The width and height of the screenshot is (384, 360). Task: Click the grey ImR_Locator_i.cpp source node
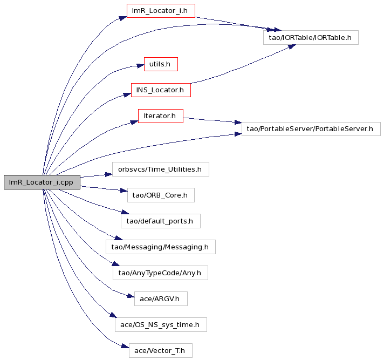(x=42, y=182)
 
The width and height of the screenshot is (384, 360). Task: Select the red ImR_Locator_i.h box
(x=161, y=11)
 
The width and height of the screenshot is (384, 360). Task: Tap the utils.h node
(x=161, y=64)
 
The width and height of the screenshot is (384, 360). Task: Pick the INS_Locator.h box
(x=161, y=90)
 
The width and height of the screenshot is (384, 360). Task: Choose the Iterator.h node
(x=161, y=116)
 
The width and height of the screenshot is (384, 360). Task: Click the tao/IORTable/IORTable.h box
(x=311, y=37)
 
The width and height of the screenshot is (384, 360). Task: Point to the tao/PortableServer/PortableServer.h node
(x=311, y=129)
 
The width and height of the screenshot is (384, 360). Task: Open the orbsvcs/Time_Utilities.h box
(x=161, y=169)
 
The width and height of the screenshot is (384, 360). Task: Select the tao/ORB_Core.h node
(x=161, y=195)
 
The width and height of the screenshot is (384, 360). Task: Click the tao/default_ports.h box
(x=161, y=221)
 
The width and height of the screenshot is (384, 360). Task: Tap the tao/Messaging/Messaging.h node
(x=161, y=247)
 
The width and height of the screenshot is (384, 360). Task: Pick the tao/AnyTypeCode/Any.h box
(x=160, y=273)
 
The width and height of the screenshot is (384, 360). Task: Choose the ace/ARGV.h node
(x=161, y=298)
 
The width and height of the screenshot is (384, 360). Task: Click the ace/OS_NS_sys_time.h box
(x=161, y=325)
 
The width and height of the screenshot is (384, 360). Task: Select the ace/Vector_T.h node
(x=161, y=350)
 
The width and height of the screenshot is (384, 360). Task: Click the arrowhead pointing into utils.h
(x=141, y=66)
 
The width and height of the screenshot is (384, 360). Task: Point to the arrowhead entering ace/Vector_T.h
(x=125, y=347)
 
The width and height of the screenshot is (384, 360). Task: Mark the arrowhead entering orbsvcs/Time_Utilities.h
(x=109, y=174)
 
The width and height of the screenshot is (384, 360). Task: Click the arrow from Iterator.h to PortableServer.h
(x=212, y=120)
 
